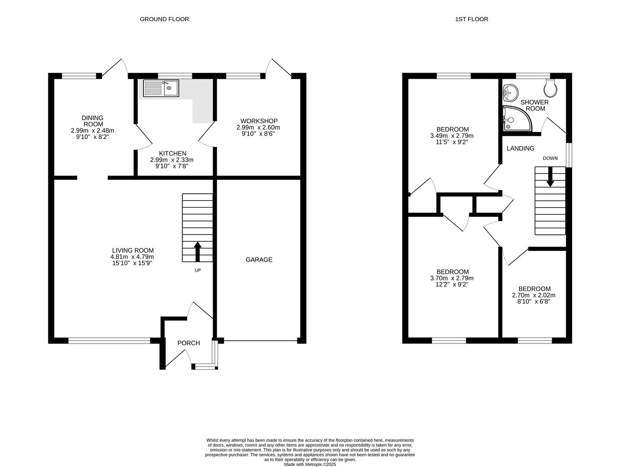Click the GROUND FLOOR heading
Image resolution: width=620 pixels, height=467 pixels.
coord(164,19)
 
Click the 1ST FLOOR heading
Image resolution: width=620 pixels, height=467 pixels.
coord(471,19)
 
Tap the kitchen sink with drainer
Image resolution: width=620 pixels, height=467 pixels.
coord(161,88)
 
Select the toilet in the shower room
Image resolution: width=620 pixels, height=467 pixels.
coord(550,88)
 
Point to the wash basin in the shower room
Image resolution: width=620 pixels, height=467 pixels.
coord(511,93)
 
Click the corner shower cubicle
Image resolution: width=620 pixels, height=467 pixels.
coord(517,118)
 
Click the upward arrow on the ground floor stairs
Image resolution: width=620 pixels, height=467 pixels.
coord(198,252)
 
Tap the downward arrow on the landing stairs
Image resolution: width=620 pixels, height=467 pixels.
coord(550,177)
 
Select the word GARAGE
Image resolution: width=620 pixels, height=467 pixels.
coord(259,259)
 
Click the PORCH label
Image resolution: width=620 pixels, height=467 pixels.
coord(189,343)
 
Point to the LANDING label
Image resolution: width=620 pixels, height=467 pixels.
coord(520,148)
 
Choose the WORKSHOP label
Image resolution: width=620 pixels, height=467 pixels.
coord(259,121)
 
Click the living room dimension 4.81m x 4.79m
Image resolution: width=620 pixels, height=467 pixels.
coord(132,257)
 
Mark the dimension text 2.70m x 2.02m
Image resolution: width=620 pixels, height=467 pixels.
coord(534,295)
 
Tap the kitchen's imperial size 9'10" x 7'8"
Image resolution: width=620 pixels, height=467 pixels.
coord(172,166)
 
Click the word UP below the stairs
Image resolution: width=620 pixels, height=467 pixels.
coord(198,270)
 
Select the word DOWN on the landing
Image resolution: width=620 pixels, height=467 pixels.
coord(550,158)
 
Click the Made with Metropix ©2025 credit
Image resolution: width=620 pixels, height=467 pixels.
coord(310,464)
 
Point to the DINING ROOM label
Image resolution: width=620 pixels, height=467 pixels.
coord(93,121)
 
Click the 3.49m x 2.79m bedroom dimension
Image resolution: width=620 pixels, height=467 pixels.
coord(452,136)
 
